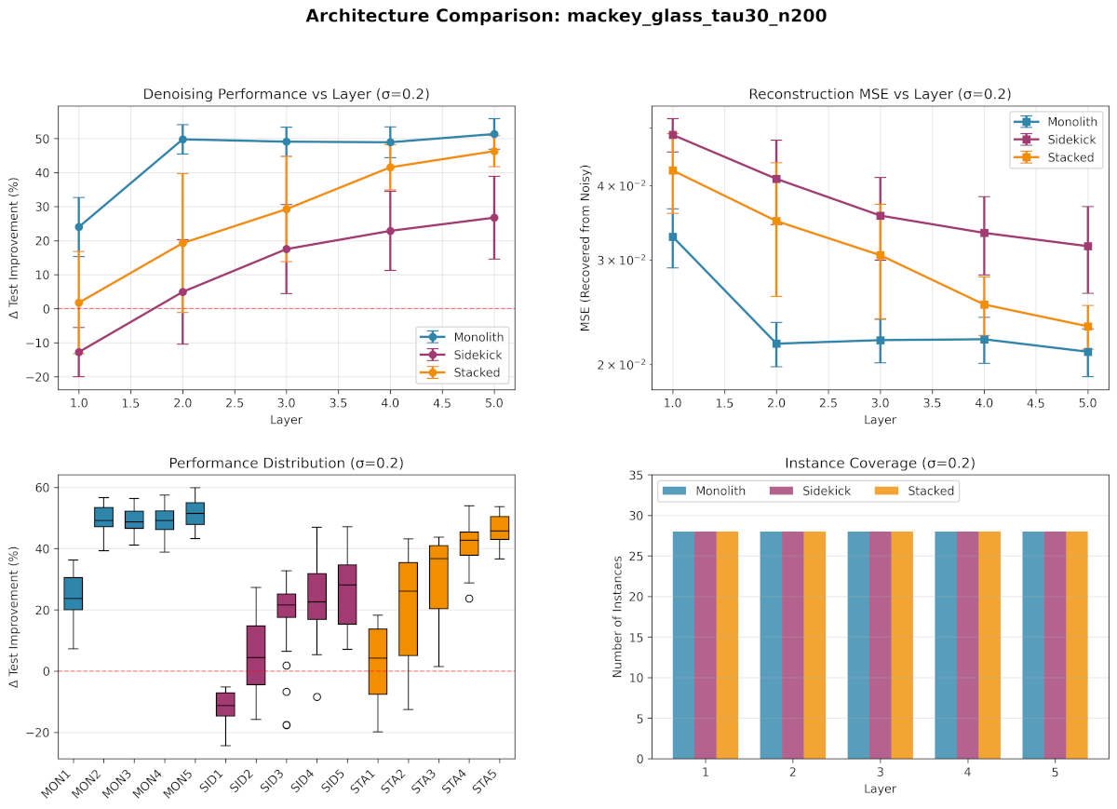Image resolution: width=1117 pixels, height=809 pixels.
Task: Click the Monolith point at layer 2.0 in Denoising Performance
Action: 182,140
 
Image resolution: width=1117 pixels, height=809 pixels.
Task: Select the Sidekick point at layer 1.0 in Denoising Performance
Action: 79,352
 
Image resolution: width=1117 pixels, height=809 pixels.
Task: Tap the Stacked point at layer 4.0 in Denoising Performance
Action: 391,168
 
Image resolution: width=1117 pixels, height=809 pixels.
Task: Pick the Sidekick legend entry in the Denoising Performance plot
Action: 476,355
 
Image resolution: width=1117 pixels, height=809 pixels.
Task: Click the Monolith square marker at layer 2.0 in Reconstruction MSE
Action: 775,344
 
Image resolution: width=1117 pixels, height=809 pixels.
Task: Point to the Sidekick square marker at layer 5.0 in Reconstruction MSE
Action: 1087,246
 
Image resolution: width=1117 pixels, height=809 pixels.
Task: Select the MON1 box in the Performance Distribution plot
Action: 73,594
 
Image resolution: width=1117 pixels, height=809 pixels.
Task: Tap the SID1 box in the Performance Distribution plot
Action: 225,703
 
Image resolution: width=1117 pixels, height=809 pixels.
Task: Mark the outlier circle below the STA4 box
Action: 469,599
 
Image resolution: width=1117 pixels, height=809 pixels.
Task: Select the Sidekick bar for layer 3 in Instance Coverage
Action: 880,645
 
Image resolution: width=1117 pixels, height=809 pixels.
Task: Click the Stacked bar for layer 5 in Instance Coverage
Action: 1076,645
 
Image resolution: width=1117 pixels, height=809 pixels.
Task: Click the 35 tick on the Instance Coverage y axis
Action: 636,476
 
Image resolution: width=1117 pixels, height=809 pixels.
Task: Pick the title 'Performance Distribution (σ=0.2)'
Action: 286,463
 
